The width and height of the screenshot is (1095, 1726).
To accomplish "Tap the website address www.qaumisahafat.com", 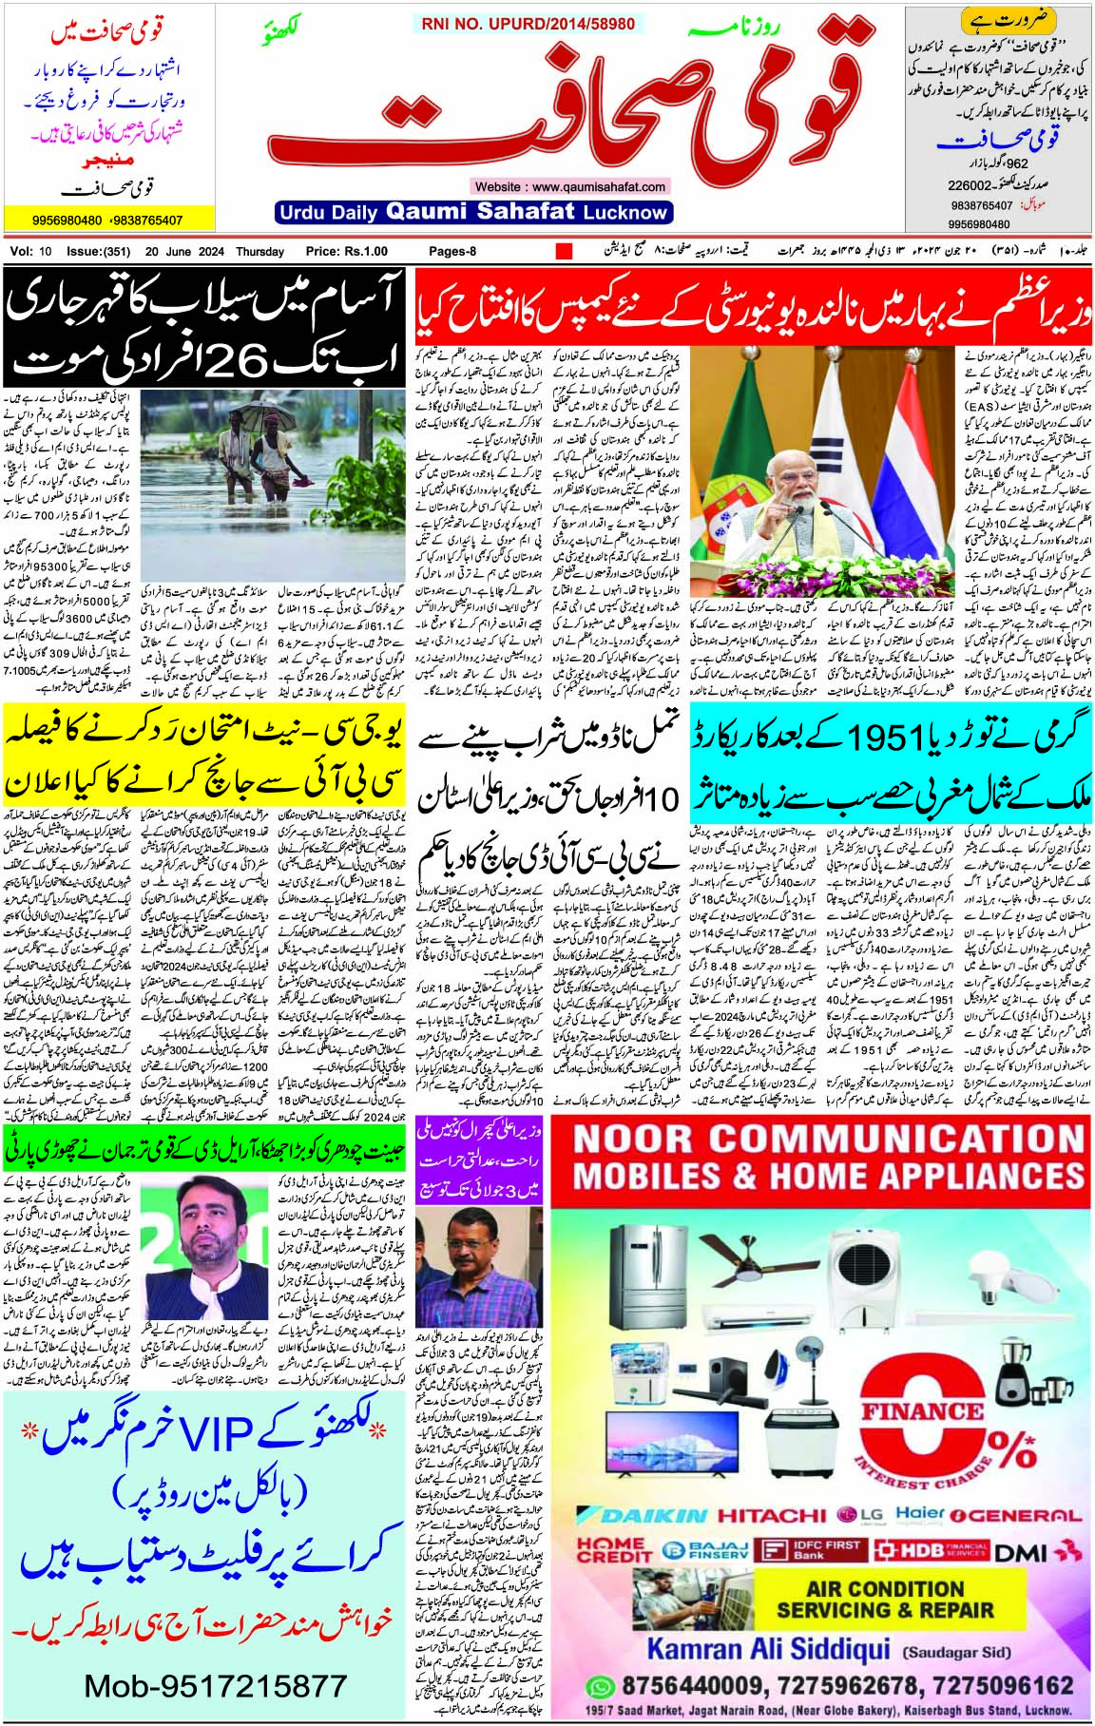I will (569, 186).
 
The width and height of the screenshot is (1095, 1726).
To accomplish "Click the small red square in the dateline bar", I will (564, 252).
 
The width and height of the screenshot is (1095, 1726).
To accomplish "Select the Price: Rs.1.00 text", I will (346, 252).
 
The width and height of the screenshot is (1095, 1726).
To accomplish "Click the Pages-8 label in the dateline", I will (452, 252).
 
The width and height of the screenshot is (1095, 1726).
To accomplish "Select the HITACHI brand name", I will (772, 1515).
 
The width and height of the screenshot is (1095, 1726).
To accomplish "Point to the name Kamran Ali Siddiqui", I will (768, 1649).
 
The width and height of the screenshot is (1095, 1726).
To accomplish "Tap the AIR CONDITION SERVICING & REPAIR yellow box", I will (885, 1600).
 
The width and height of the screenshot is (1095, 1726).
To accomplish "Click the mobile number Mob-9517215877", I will (216, 1686).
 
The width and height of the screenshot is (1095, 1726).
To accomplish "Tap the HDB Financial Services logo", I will (930, 1550).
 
